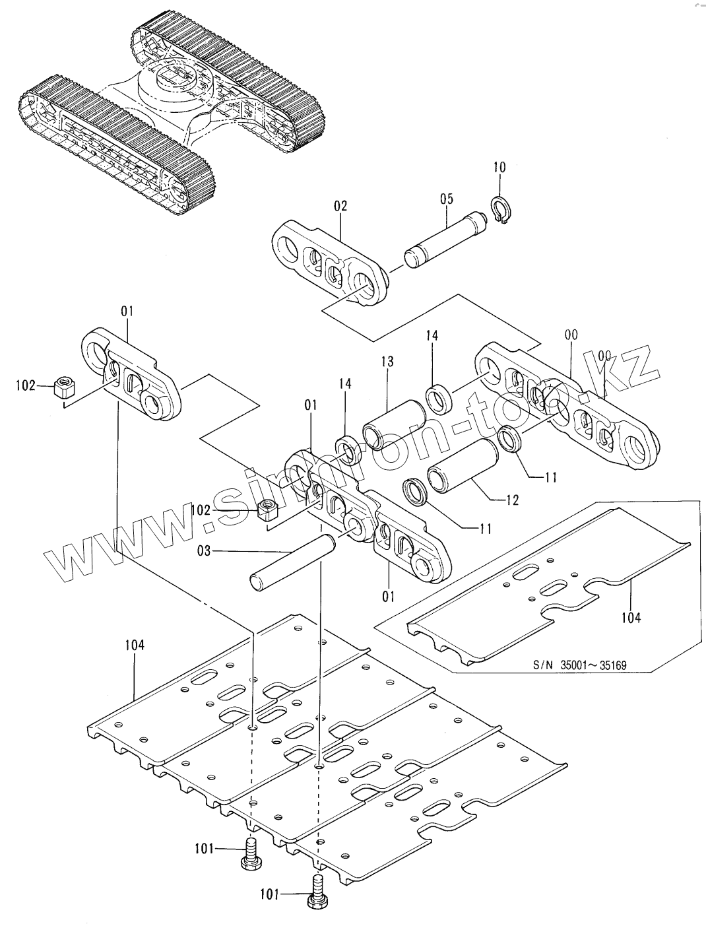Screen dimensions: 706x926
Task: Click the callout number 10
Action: coord(499,167)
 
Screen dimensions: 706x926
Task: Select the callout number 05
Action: coord(447,199)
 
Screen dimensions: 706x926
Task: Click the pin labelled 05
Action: coord(445,239)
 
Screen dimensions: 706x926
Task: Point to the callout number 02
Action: coord(340,206)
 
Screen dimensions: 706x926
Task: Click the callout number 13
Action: coord(387,362)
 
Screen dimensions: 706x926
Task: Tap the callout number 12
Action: coord(511,500)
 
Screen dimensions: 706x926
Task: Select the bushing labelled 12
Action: coord(463,466)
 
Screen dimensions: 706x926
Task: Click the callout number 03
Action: coord(204,551)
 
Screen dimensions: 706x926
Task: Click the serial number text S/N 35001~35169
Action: coord(579,665)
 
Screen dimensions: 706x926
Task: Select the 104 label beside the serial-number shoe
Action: coord(631,618)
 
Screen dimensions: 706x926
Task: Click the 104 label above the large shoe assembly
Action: coord(135,645)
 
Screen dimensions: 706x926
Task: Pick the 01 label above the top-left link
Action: coord(127,312)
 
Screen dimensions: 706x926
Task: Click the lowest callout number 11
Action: coord(485,529)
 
